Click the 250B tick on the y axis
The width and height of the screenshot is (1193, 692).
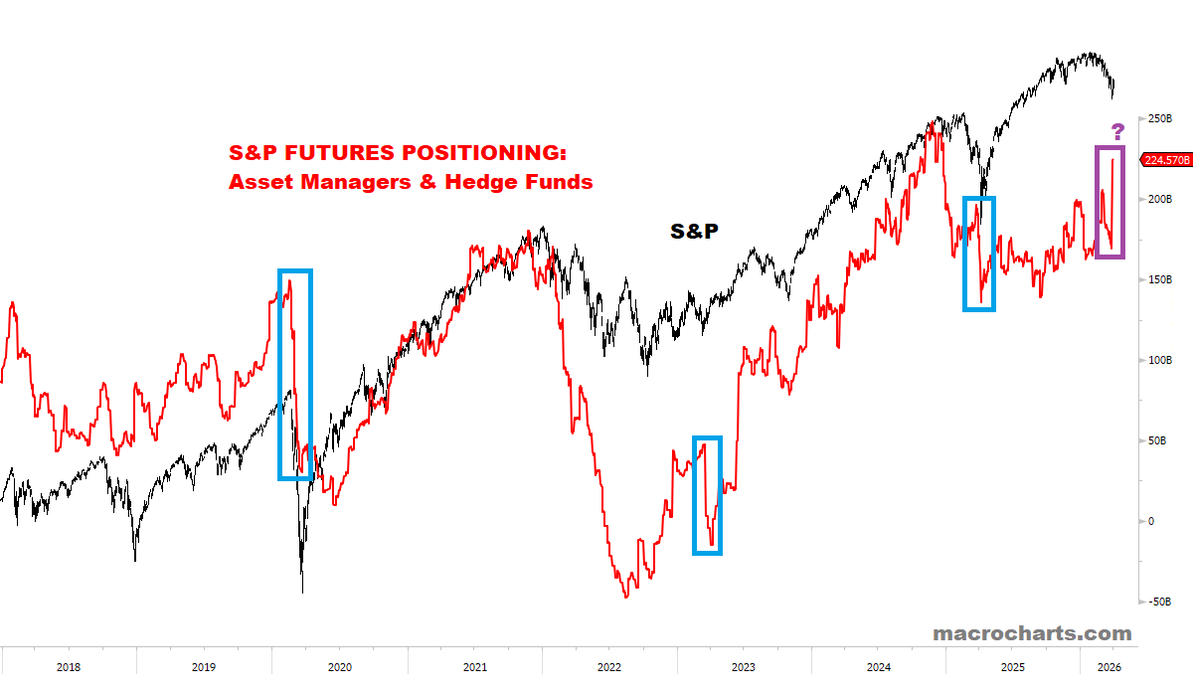[1158, 118]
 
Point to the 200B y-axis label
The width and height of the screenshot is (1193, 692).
[1158, 199]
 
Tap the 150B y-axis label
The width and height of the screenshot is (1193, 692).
[1158, 279]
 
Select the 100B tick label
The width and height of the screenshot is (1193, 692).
[1158, 360]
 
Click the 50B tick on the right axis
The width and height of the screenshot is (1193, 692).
[1155, 440]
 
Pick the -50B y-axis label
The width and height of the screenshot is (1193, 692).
[1156, 602]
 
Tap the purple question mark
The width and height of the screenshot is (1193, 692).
[1117, 132]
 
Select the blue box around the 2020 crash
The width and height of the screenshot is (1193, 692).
[295, 375]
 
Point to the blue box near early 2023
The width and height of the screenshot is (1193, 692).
[707, 495]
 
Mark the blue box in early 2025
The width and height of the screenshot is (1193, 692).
[979, 254]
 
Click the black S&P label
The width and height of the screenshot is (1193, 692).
[694, 231]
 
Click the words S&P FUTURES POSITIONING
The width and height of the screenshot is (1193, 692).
[397, 154]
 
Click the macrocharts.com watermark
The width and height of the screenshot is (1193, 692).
[1032, 633]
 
